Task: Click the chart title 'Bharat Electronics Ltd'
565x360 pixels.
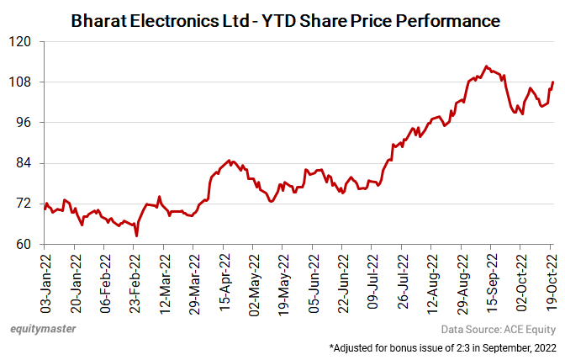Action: pyautogui.click(x=286, y=18)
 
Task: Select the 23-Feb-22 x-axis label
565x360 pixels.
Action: pyautogui.click(x=135, y=280)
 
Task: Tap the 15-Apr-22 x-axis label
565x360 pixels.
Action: pyautogui.click(x=224, y=280)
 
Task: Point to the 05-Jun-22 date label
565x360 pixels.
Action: pyautogui.click(x=314, y=280)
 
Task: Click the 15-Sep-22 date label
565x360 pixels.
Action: pyautogui.click(x=492, y=280)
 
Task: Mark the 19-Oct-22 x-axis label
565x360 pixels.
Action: pyautogui.click(x=552, y=280)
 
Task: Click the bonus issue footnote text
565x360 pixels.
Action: pyautogui.click(x=442, y=347)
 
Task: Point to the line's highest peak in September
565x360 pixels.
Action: pyautogui.click(x=487, y=66)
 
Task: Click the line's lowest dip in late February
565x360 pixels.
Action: pyautogui.click(x=136, y=236)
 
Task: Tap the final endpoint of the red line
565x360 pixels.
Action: pyautogui.click(x=552, y=82)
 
